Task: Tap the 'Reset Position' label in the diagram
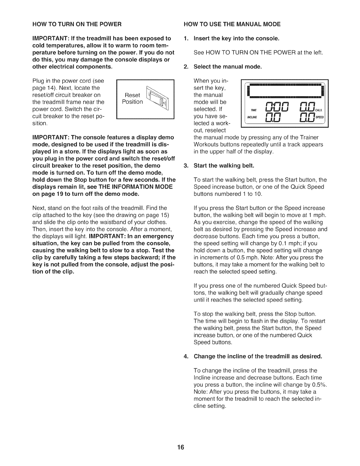pos(132,99)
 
